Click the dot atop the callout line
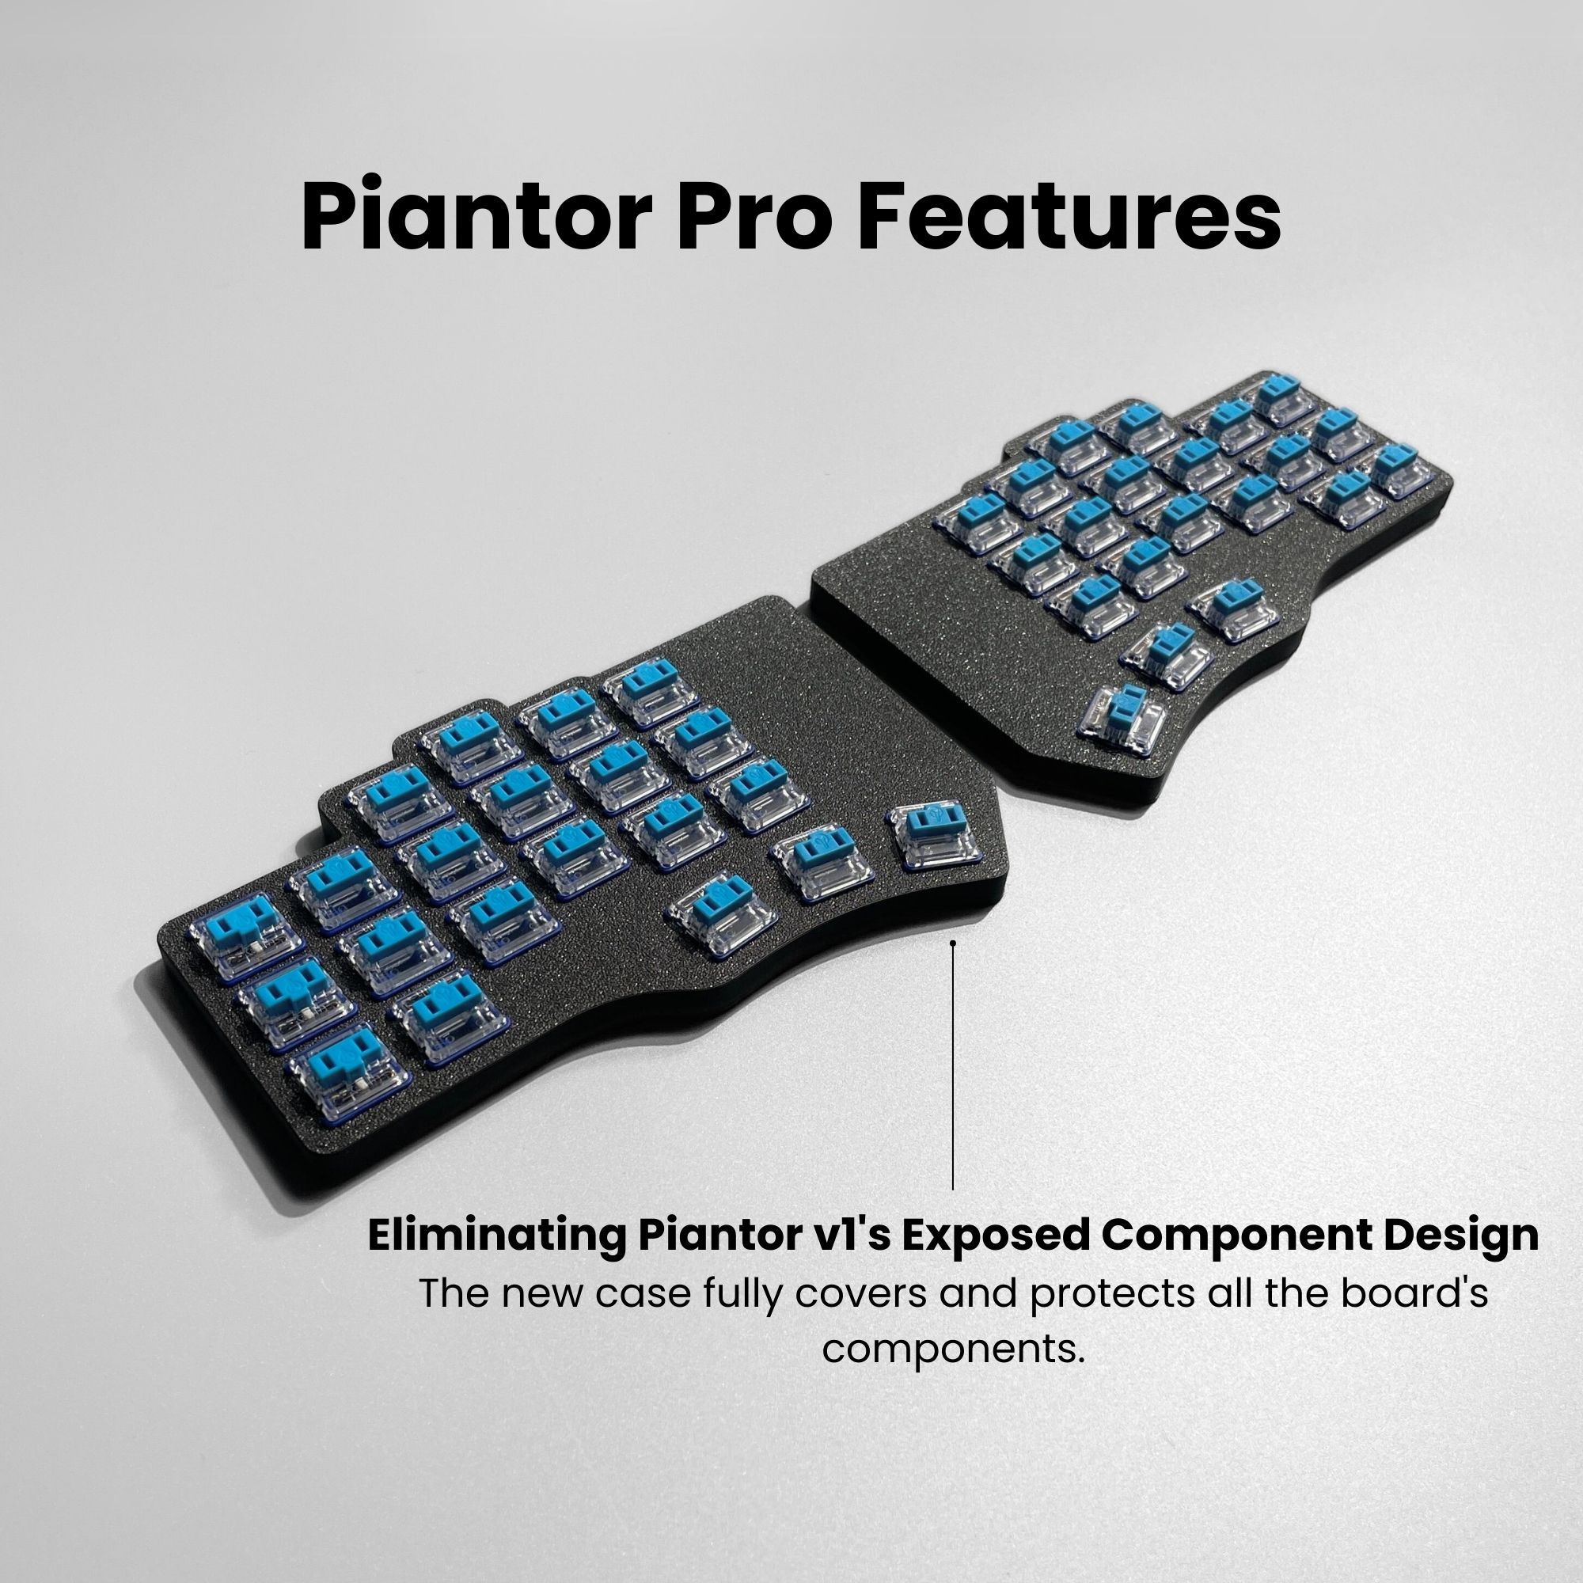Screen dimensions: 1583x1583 [953, 943]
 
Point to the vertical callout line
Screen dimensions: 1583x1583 [953, 1065]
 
